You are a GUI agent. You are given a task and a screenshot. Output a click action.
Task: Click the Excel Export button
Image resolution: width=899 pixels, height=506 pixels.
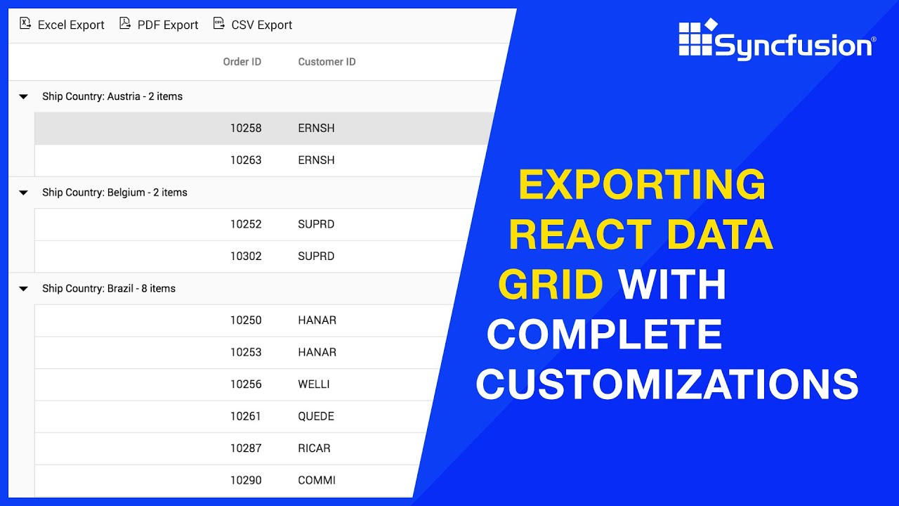[62, 25]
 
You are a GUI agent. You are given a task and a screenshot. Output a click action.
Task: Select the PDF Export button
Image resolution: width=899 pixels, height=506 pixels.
[159, 25]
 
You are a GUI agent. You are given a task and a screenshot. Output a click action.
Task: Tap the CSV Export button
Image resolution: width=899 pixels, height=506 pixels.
[253, 25]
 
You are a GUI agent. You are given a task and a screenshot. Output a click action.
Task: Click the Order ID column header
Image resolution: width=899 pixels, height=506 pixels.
[242, 62]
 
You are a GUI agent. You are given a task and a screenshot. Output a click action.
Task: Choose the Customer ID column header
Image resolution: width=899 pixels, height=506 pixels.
[327, 62]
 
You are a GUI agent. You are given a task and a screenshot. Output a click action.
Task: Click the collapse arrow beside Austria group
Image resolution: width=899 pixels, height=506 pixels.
[23, 97]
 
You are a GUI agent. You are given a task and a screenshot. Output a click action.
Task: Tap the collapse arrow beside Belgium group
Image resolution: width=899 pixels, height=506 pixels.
[23, 193]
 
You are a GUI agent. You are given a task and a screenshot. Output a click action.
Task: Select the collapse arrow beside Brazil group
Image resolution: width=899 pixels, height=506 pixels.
[23, 289]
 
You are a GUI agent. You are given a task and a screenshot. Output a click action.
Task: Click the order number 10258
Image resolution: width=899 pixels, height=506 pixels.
[246, 129]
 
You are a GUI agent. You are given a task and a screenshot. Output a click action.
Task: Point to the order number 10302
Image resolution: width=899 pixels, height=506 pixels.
[246, 257]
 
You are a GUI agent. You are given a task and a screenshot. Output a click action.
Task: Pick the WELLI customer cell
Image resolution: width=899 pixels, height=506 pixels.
[313, 384]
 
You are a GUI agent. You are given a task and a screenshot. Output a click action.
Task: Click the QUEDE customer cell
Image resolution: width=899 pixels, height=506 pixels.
[316, 416]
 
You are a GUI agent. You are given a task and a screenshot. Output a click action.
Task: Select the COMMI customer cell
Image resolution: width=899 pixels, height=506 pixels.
[317, 481]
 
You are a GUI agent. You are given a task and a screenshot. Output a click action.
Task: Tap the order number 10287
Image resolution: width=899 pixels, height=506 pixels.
[246, 448]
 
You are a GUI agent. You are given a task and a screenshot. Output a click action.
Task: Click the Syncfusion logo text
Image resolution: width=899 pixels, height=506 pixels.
[794, 46]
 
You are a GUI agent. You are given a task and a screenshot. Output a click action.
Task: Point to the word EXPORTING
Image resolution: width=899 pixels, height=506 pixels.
[641, 185]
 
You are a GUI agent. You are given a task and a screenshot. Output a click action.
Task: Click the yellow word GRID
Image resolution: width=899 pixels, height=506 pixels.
[551, 285]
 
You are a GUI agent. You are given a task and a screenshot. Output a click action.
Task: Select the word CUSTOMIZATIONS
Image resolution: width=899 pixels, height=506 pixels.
[667, 384]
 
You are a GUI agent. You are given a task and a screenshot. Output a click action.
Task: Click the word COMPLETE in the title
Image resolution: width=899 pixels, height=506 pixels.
[605, 335]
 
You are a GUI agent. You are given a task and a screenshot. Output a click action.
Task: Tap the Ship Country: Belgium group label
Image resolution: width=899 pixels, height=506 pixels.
[114, 193]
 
